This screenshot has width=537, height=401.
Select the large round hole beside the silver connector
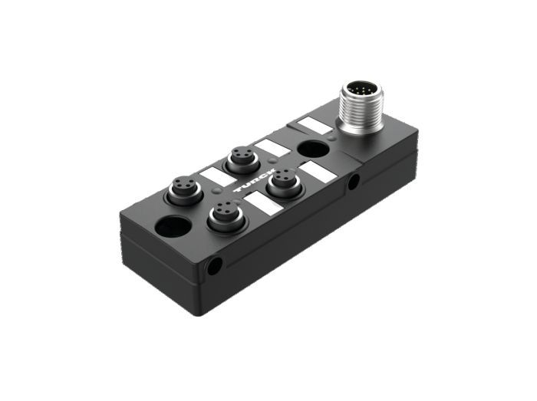pyautogui.click(x=314, y=150)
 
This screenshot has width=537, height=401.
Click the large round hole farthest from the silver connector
pyautogui.click(x=173, y=226)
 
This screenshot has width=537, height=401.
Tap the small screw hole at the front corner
pyautogui.click(x=215, y=266)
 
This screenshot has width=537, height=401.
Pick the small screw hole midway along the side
pyautogui.click(x=354, y=182)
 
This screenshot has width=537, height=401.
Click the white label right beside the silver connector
pyautogui.click(x=315, y=125)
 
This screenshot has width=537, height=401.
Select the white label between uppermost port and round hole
pyautogui.click(x=273, y=148)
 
